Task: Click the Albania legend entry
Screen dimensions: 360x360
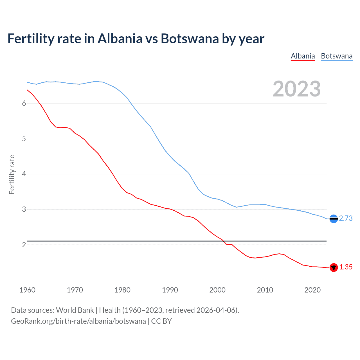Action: tap(303, 56)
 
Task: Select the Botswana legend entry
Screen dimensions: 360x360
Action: tap(337, 56)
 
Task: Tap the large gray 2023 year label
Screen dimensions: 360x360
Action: tap(297, 89)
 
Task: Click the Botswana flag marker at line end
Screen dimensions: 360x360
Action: tap(334, 219)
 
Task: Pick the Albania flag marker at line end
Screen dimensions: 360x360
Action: tap(334, 267)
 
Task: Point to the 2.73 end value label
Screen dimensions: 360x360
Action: tap(346, 219)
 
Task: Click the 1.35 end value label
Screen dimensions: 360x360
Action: tap(346, 267)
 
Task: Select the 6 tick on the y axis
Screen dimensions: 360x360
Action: tap(24, 103)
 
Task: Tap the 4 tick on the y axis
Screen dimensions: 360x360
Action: tap(24, 174)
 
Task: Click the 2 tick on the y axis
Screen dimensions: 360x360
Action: tap(24, 245)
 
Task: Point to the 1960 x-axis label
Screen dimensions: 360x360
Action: tap(27, 290)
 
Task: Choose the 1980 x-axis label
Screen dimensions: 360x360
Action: tap(122, 290)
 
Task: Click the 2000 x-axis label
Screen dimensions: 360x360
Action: tap(217, 290)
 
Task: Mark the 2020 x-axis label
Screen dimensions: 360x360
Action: tap(312, 290)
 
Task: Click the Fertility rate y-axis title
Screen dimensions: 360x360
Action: tap(12, 174)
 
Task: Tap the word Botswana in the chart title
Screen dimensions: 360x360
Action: tap(190, 39)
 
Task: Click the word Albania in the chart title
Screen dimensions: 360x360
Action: tap(120, 39)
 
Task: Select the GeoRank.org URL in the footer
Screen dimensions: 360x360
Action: tap(78, 321)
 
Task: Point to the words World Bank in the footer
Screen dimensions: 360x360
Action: tap(75, 310)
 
